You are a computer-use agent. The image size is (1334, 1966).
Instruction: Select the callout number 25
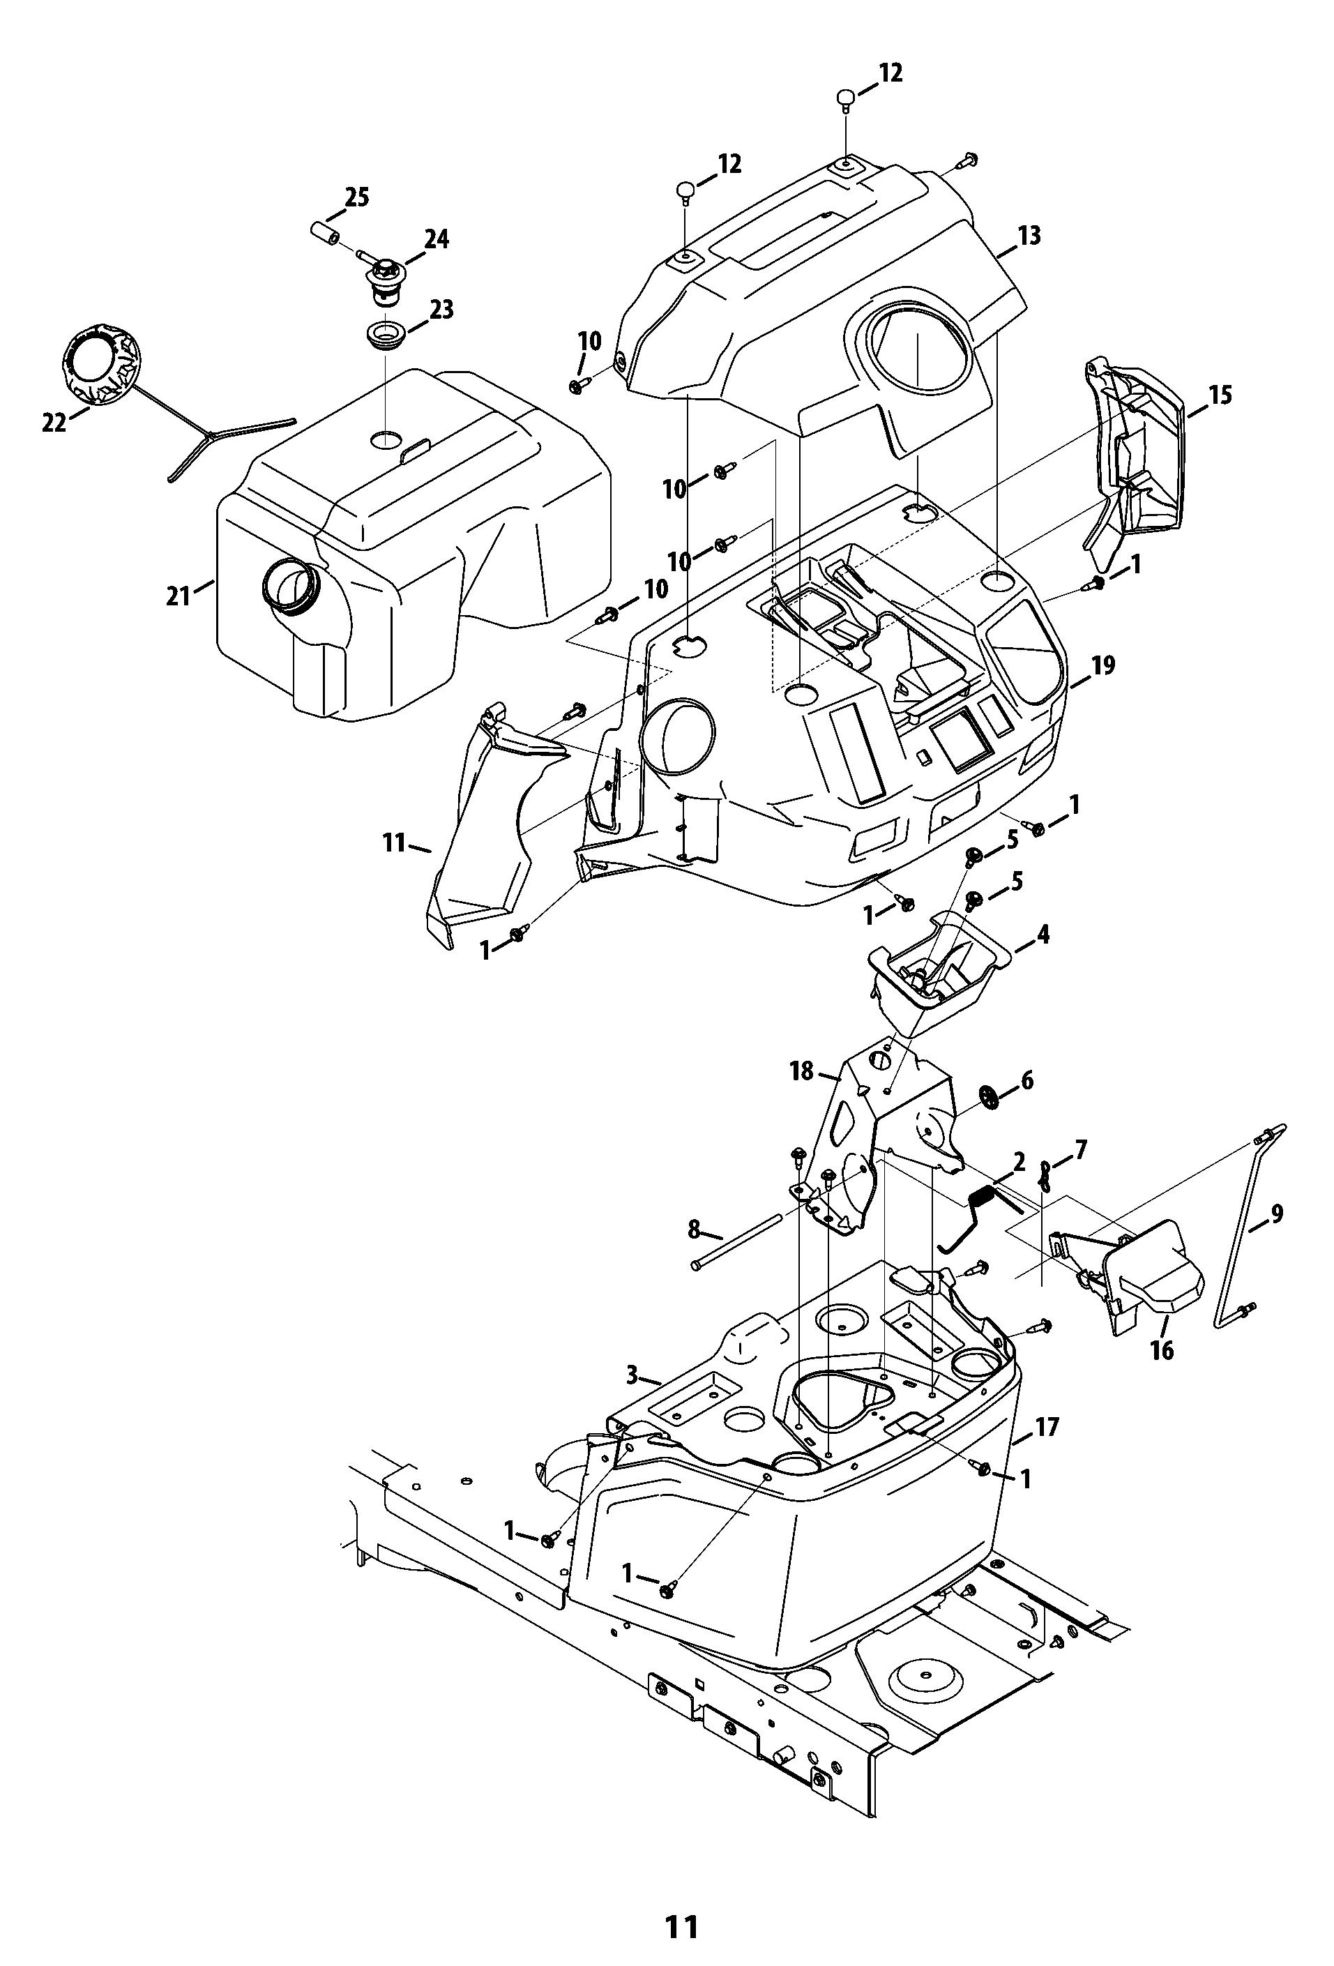pyautogui.click(x=357, y=198)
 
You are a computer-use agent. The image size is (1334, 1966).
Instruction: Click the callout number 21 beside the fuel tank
pyautogui.click(x=178, y=596)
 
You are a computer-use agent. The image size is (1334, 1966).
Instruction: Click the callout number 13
pyautogui.click(x=1029, y=235)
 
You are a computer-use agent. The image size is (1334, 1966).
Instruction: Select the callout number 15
pyautogui.click(x=1220, y=395)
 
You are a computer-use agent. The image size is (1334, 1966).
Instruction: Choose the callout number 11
pyautogui.click(x=394, y=842)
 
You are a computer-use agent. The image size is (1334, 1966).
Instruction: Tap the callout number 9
pyautogui.click(x=1277, y=1214)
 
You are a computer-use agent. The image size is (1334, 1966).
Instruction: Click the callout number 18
pyautogui.click(x=801, y=1071)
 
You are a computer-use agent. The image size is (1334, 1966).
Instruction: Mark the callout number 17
pyautogui.click(x=1047, y=1427)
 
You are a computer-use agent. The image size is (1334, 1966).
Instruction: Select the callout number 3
pyautogui.click(x=632, y=1375)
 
